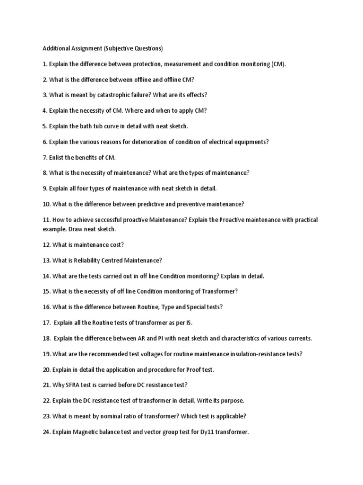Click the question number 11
click(46, 220)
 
